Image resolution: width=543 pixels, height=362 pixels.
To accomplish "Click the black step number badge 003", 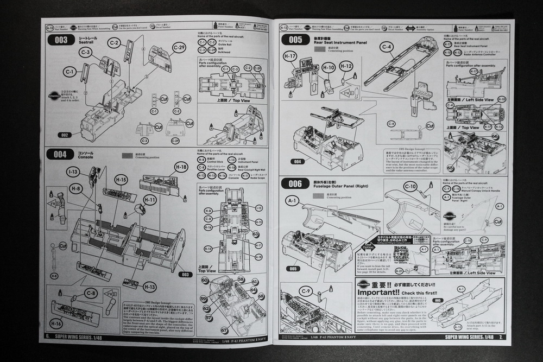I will (x=62, y=40).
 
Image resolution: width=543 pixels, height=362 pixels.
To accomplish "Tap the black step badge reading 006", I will (x=295, y=183).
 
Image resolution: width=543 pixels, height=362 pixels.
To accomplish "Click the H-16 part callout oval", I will (x=56, y=323).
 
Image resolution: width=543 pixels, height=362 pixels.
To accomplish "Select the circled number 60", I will (x=205, y=280).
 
